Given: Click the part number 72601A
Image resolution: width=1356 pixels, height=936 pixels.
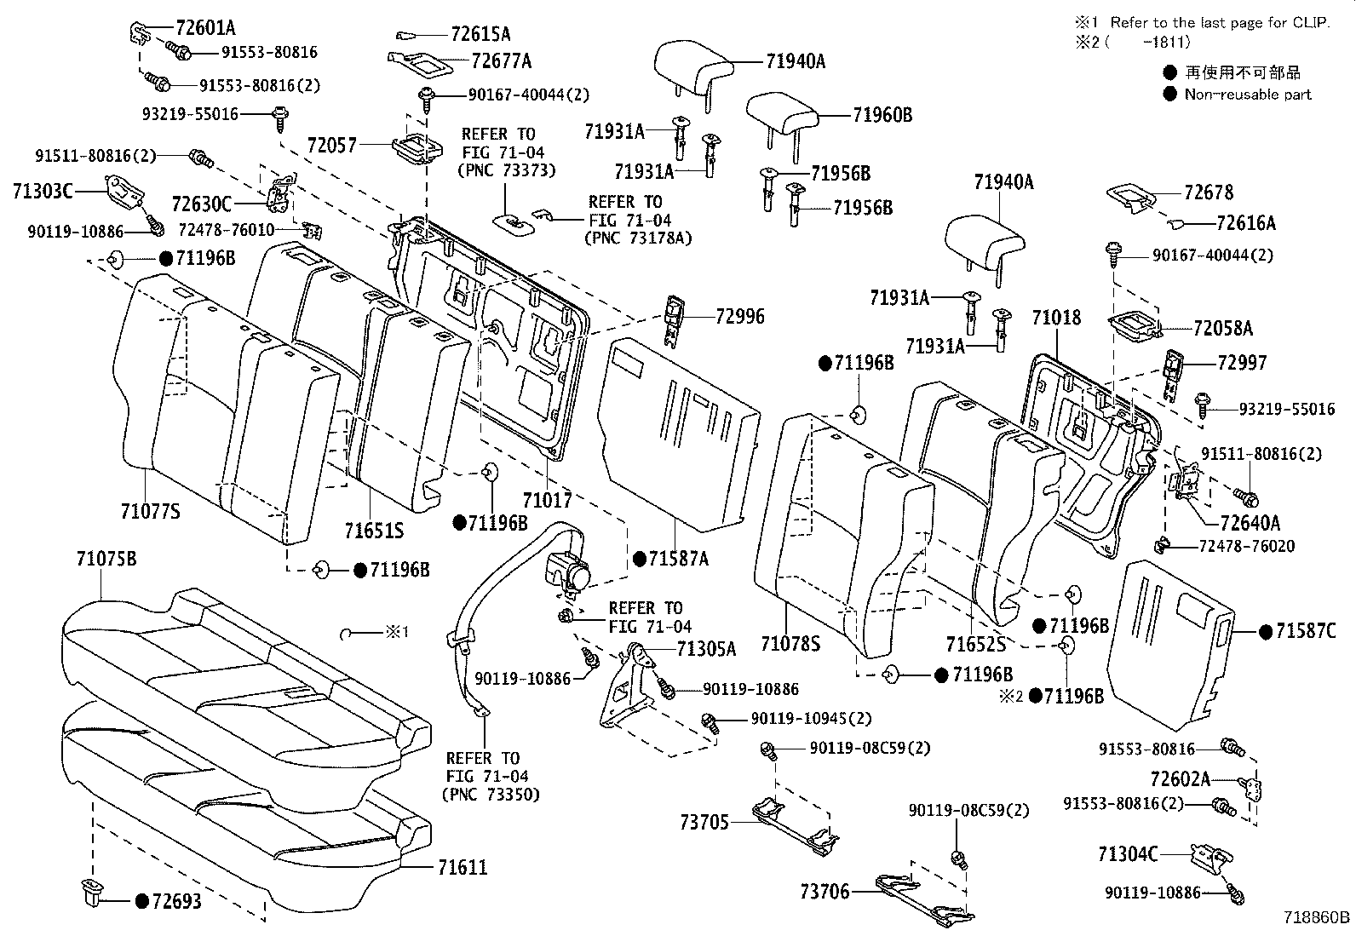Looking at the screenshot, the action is pos(206,28).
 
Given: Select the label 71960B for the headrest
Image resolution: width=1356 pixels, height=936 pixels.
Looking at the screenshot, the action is pos(882,115).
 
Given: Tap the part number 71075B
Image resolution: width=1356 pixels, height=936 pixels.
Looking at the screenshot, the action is pos(106,558).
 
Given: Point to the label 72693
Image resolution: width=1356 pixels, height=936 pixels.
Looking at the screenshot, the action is pos(177,901).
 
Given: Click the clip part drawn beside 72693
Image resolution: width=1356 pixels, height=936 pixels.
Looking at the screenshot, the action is pos(92,893).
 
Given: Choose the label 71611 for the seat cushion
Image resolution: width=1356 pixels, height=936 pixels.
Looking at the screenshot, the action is pos(463,867).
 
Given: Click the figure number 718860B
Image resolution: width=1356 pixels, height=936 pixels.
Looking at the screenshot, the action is pos(1317,917).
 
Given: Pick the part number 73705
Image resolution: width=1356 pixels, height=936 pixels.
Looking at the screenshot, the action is pos(704,822).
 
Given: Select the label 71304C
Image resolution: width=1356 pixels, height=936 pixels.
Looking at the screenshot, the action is pos(1128,853).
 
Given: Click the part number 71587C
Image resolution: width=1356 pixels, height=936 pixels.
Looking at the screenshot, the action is pos(1306,631).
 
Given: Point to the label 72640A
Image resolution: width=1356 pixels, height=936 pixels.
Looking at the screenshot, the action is pos(1250,522).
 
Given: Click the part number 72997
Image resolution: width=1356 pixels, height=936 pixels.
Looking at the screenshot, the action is pos(1242,363).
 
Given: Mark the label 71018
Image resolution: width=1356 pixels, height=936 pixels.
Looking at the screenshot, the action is pos(1056,317).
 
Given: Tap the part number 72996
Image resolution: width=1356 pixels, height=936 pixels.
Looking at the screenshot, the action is pos(739,316).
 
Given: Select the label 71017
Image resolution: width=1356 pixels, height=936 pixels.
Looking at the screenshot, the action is pos(547,500).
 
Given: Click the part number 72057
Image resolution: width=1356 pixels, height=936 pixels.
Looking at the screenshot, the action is pos(331,146).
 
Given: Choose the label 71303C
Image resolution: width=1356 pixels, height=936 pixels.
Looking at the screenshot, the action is pos(43,192).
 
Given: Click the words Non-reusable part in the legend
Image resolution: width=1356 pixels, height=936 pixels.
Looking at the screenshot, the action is pos(1248,95).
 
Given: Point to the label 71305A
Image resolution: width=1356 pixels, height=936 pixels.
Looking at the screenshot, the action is pos(706,649).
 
